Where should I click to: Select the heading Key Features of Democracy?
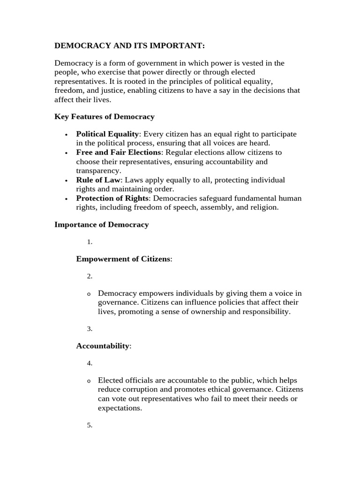(104, 116)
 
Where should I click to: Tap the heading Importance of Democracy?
(101, 225)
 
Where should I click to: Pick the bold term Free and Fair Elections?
(118, 152)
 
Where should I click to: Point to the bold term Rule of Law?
(98, 180)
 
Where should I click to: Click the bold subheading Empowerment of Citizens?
(123, 259)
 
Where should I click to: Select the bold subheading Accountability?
(103, 346)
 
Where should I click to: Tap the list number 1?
(89, 242)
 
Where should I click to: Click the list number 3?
(89, 329)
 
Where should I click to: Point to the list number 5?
(89, 426)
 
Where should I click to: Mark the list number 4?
(89, 363)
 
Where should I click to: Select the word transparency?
(98, 171)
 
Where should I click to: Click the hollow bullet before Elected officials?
(89, 382)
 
